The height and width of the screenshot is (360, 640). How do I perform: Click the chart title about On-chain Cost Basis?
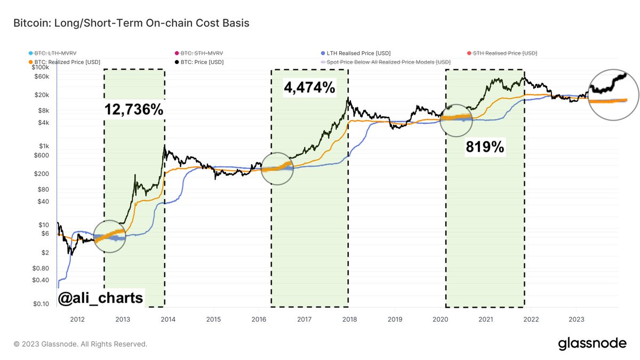[x=131, y=23]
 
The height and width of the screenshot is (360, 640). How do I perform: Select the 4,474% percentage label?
[x=309, y=86]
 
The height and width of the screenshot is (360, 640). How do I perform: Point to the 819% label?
[x=485, y=148]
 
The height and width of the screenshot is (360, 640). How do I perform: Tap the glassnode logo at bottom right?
[x=592, y=344]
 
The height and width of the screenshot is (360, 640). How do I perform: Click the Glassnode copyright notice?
[x=81, y=344]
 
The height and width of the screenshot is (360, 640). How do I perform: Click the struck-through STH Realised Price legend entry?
[x=501, y=53]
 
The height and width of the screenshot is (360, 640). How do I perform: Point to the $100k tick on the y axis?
[x=41, y=68]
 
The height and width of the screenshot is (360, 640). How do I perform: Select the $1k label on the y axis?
[x=45, y=146]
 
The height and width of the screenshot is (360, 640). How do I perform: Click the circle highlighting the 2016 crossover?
[x=277, y=168]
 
